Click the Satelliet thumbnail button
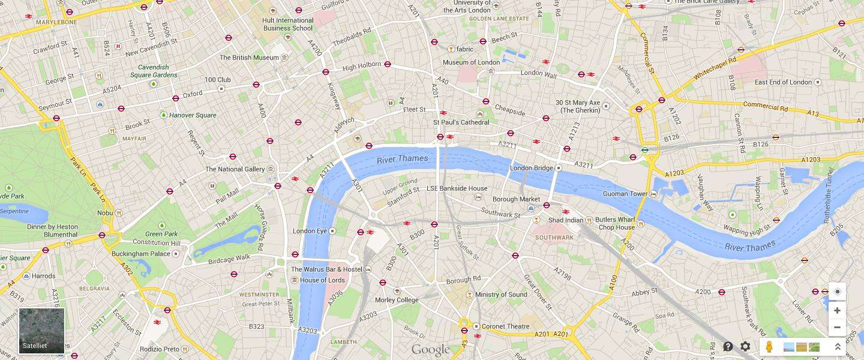pyautogui.click(x=41, y=331)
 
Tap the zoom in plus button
pyautogui.click(x=837, y=311)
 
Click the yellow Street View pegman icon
pyautogui.click(x=770, y=347)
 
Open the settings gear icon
pyautogui.click(x=745, y=347)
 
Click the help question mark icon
pyautogui.click(x=728, y=347)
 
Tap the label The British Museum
pyautogui.click(x=249, y=58)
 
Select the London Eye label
pyautogui.click(x=310, y=231)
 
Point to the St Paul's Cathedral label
pyautogui.click(x=461, y=122)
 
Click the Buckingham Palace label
pyautogui.click(x=141, y=254)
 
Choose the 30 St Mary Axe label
pyautogui.click(x=578, y=106)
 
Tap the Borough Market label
pyautogui.click(x=516, y=199)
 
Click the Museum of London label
pyautogui.click(x=471, y=62)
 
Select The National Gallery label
pyautogui.click(x=235, y=169)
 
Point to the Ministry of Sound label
pyautogui.click(x=501, y=295)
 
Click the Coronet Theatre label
pyautogui.click(x=506, y=326)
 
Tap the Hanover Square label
pyautogui.click(x=193, y=115)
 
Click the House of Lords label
pyautogui.click(x=322, y=280)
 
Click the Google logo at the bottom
pyautogui.click(x=430, y=350)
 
